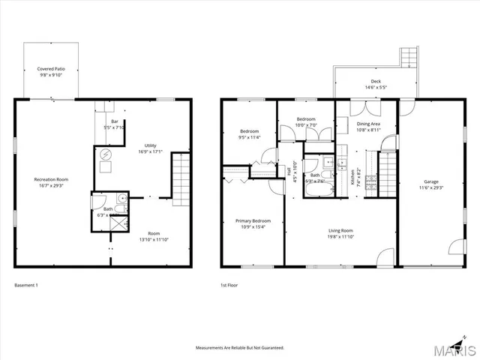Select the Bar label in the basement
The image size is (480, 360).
point(115,123)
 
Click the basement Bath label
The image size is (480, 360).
point(109,211)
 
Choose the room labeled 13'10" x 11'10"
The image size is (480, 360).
point(154,235)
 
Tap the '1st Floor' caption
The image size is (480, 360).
point(230,286)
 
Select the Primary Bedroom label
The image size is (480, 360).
point(253,223)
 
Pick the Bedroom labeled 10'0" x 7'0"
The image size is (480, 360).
point(305,121)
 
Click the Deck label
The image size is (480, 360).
point(376,84)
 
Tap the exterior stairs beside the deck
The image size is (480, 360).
point(409,57)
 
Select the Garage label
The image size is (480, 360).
point(431,184)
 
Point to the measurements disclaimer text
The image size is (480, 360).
point(239,348)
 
